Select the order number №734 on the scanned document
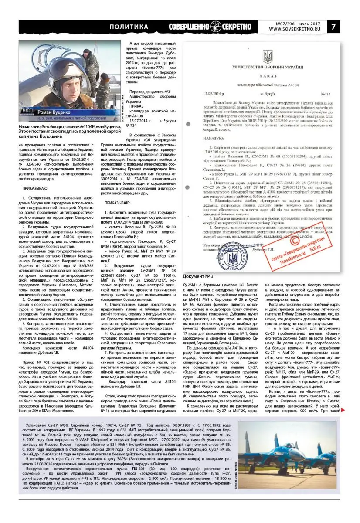[x=325, y=94]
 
